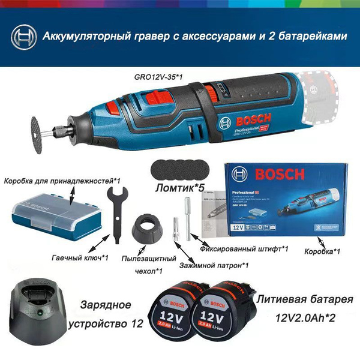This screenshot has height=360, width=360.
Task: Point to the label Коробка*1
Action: point(323,251)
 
